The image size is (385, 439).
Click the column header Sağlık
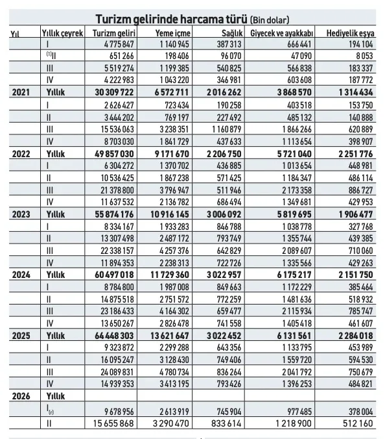pos(232,33)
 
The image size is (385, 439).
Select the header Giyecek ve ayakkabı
pos(282,33)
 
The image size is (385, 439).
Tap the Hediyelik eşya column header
pos(350,33)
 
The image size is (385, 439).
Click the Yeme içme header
pos(172,33)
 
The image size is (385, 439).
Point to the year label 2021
pos(21,92)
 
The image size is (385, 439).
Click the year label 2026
pos(21,396)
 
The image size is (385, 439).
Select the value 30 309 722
pos(114,92)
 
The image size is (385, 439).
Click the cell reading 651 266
pos(122,56)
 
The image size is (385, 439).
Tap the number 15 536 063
pos(117,129)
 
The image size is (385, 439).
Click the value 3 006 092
pos(224,214)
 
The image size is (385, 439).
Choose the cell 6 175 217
pos(294,275)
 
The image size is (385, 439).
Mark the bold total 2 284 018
pos(356,336)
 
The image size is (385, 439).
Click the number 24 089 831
pos(117,372)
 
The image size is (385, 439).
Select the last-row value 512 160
pos(358,423)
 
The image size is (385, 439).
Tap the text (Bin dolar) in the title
pos(270,20)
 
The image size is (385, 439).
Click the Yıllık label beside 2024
pos(56,275)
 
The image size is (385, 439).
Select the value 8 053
pos(364,56)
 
